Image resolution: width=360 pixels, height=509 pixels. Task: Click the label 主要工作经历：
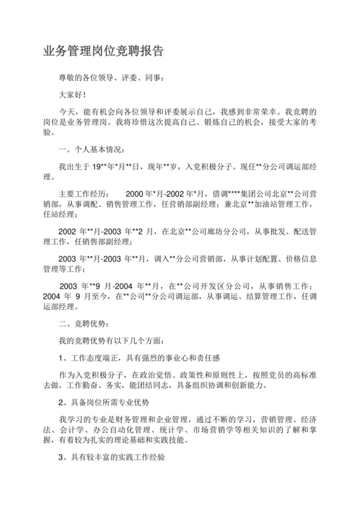tap(84, 193)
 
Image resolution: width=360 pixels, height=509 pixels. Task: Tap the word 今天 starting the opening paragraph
tap(67, 111)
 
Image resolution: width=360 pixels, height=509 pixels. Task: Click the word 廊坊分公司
tap(219, 231)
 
